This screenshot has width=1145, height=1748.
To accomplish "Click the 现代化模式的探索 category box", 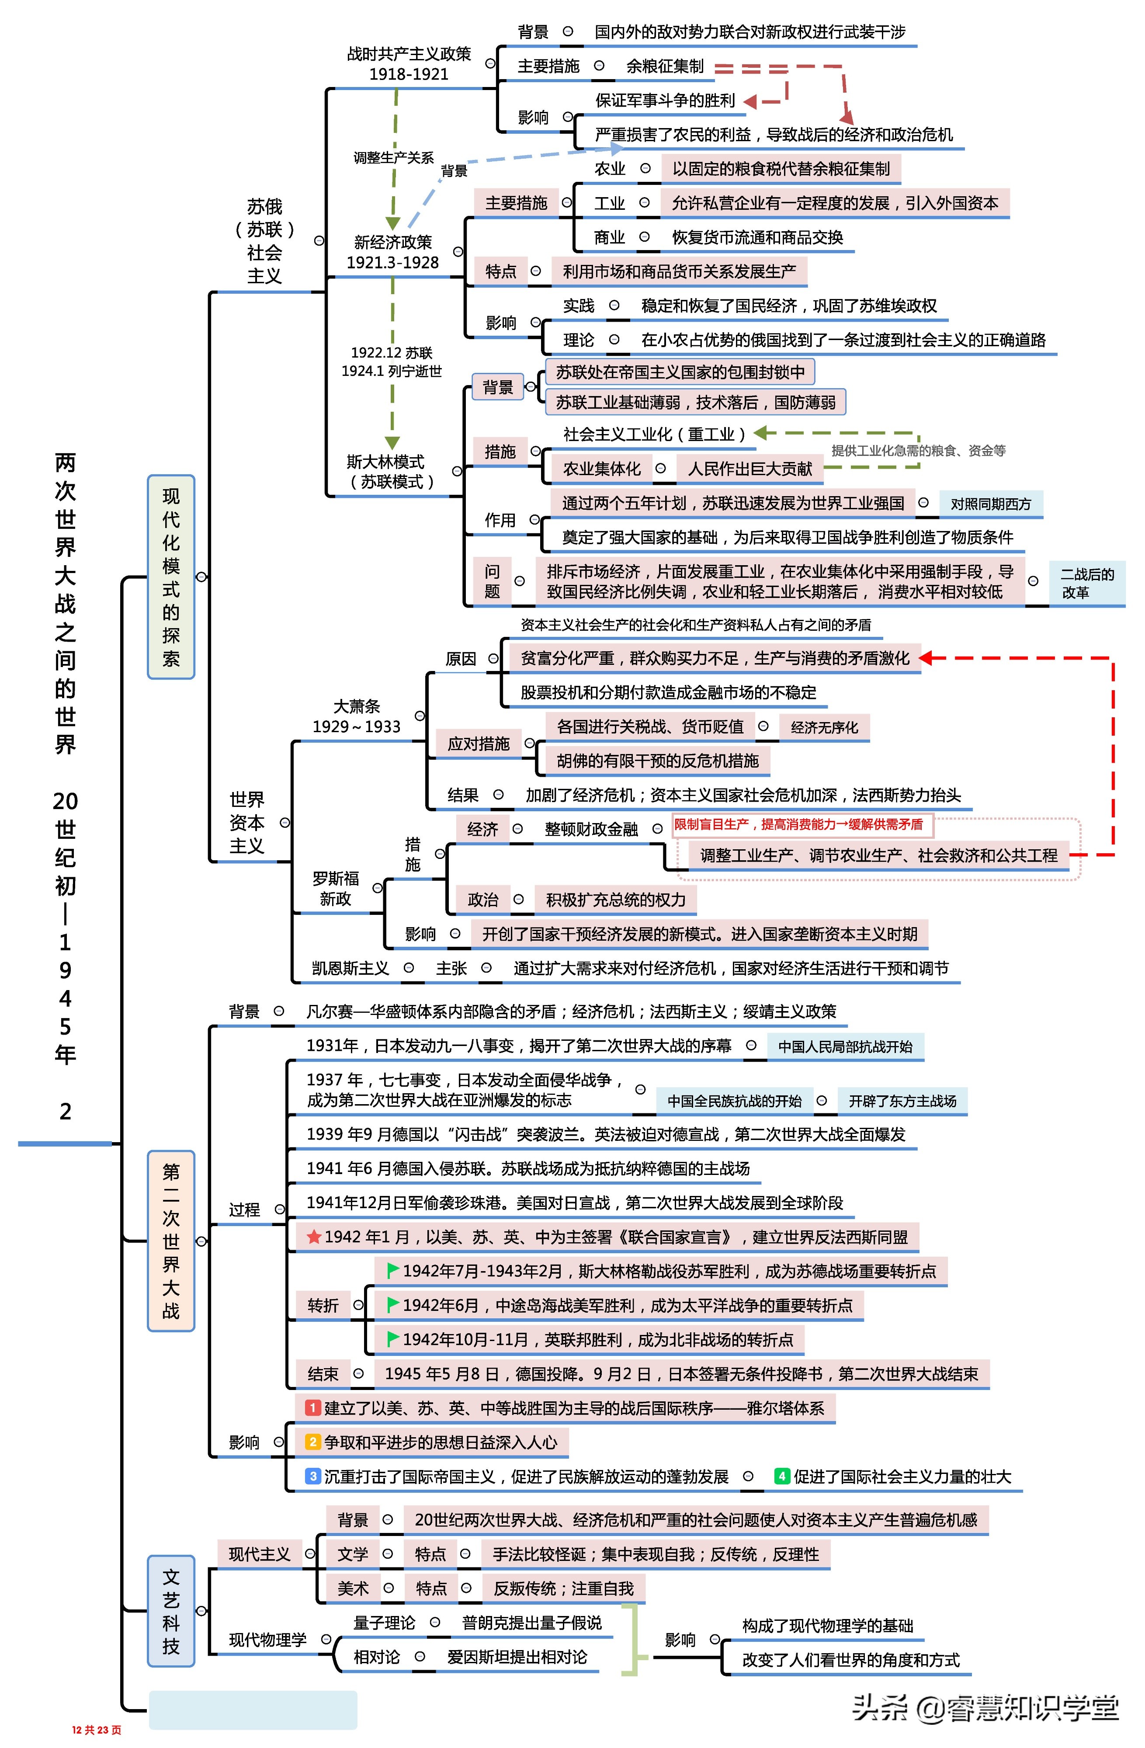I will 171,577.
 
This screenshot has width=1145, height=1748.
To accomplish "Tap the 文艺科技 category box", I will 171,1611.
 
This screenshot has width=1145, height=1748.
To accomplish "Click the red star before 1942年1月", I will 314,1237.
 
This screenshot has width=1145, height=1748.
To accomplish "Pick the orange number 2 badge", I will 313,1442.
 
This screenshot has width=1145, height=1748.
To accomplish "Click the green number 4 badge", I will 781,1476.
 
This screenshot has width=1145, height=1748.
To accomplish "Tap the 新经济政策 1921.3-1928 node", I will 393,252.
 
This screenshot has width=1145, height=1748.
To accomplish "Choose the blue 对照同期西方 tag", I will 991,504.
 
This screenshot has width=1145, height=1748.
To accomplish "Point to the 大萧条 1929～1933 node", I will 357,716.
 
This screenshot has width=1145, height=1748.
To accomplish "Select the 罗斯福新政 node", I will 336,889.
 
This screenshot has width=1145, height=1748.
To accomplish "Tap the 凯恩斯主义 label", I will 350,968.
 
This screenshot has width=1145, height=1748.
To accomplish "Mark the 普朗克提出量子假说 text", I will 532,1623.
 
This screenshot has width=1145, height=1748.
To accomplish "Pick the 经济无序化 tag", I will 824,727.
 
